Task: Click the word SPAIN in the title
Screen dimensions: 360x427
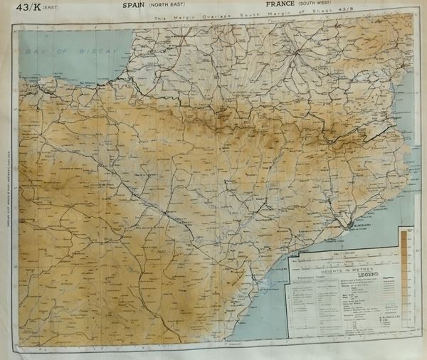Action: point(117,5)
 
